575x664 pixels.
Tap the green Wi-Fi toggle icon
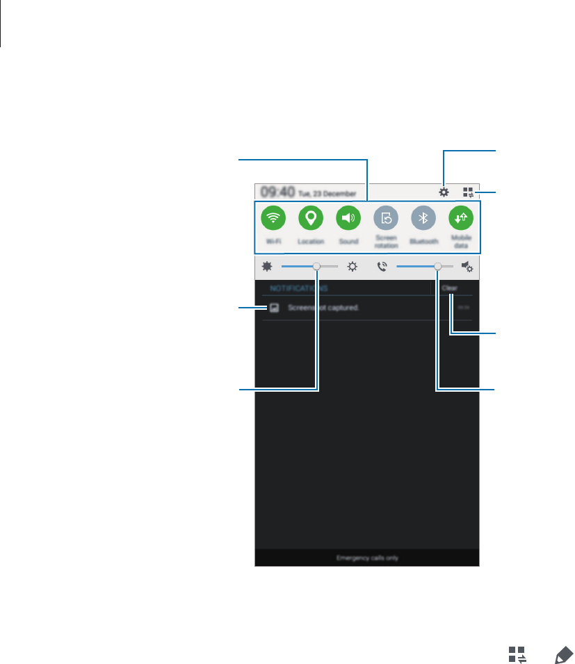pos(273,218)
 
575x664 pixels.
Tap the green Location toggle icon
pos(311,218)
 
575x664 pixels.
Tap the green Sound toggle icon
pos(348,218)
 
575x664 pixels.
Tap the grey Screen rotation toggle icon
pos(386,218)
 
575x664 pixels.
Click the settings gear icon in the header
pos(444,192)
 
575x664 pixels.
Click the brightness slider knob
pos(317,266)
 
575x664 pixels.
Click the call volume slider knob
pos(438,266)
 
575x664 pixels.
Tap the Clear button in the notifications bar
pos(449,288)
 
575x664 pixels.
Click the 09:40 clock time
pos(277,192)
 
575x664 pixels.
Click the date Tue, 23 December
pos(327,193)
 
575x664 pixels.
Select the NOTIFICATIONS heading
pos(300,288)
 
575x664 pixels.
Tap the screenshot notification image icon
pos(274,307)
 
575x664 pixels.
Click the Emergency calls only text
pos(367,558)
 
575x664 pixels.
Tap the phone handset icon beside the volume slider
pos(382,266)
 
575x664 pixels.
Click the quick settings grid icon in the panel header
pos(469,192)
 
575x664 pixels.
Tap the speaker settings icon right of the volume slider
pos(468,266)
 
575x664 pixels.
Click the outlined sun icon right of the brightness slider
pos(353,266)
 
